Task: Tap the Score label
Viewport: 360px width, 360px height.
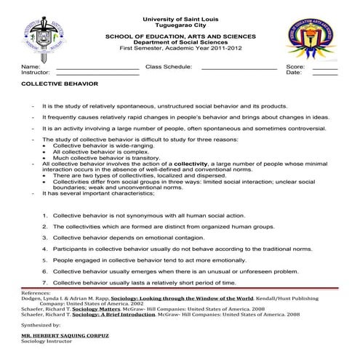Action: pos(295,66)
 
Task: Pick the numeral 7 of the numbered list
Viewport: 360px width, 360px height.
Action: pos(45,281)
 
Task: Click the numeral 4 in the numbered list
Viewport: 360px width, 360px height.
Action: pos(45,249)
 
